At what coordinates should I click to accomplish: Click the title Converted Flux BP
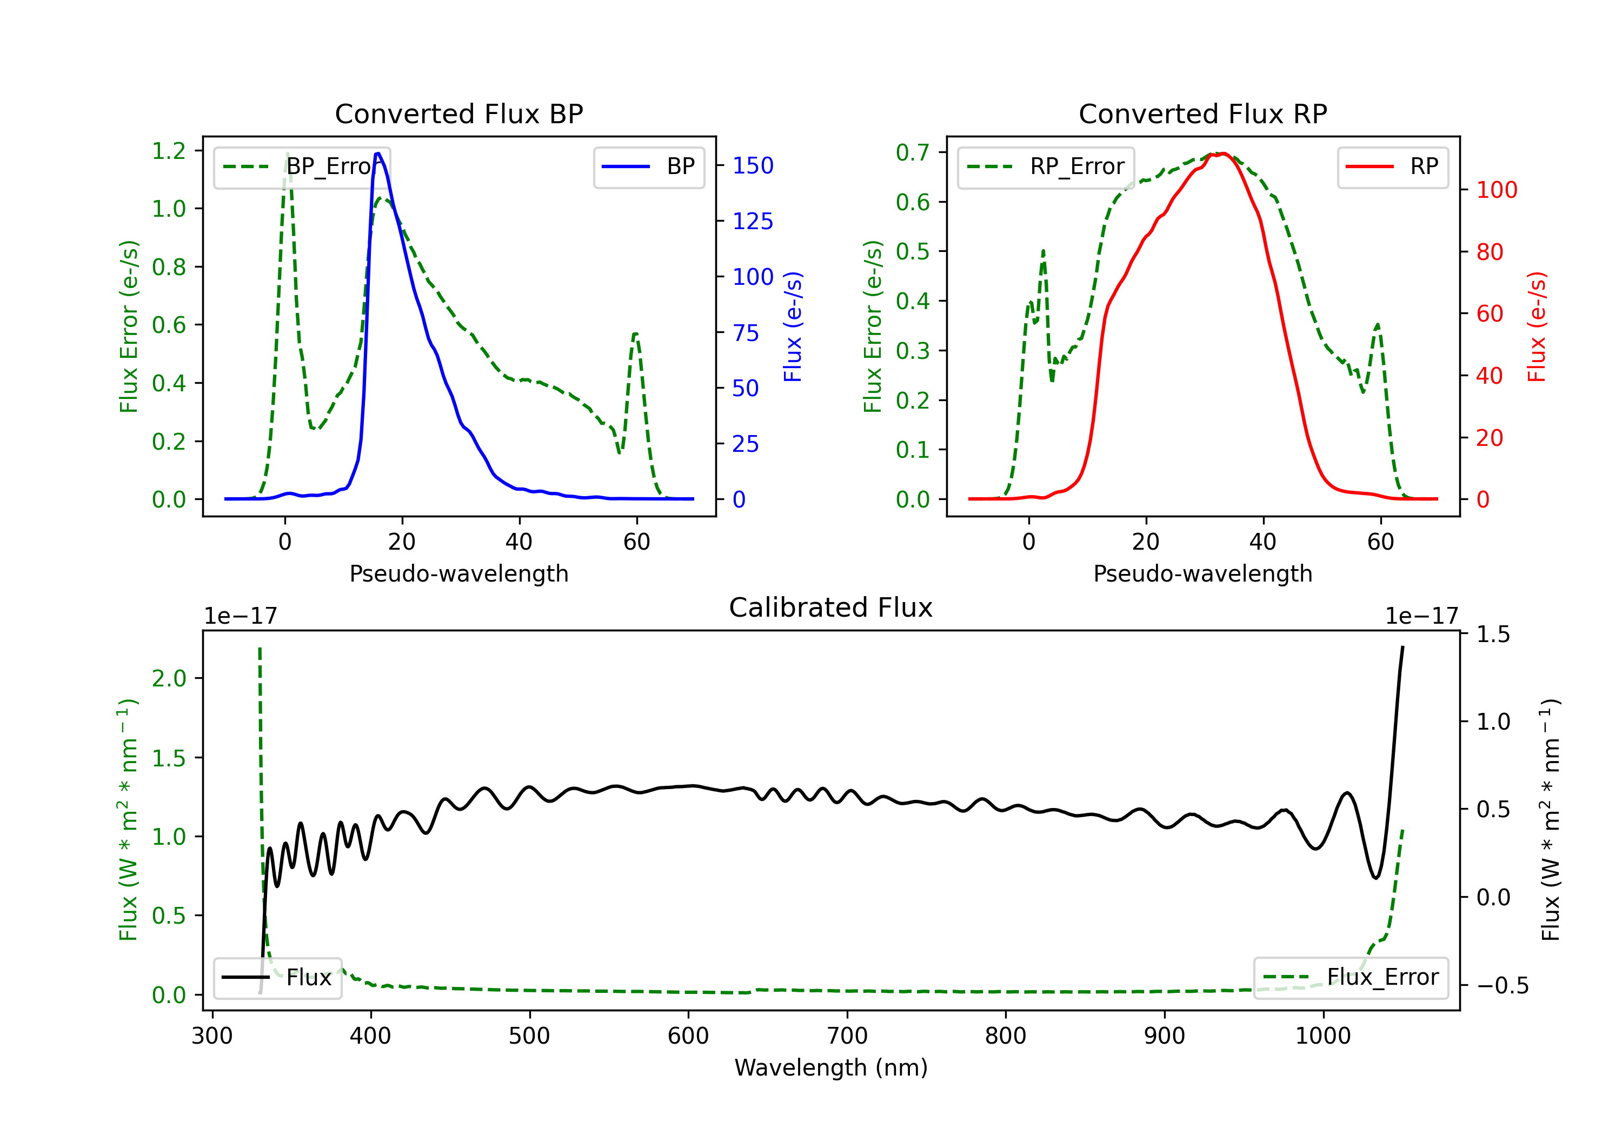click(x=458, y=113)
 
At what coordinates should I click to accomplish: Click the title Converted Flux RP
click(x=1202, y=113)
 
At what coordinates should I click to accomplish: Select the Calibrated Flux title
click(x=831, y=607)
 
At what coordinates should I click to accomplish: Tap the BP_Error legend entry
click(x=302, y=166)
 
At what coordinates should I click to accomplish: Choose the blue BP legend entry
click(x=648, y=166)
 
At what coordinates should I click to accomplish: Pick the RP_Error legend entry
click(x=1046, y=166)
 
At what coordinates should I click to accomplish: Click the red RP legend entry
click(x=1392, y=166)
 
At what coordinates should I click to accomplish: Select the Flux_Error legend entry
click(x=1351, y=978)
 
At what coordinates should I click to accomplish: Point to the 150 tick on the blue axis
click(x=753, y=166)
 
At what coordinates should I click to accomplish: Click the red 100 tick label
click(x=1496, y=190)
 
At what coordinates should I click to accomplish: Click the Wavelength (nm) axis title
click(x=831, y=1067)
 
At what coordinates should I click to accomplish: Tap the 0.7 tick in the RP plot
click(x=913, y=152)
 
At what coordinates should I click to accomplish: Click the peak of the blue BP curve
click(x=378, y=153)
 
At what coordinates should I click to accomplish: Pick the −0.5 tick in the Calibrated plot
click(x=1502, y=985)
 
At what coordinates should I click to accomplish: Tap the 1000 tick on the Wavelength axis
click(x=1322, y=1036)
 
